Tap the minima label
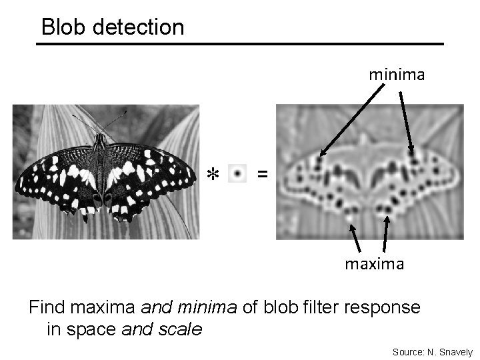[x=397, y=75]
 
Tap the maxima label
[x=374, y=264]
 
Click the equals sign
[x=263, y=174]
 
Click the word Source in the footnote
[x=407, y=351]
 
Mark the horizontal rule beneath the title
[x=240, y=45]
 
